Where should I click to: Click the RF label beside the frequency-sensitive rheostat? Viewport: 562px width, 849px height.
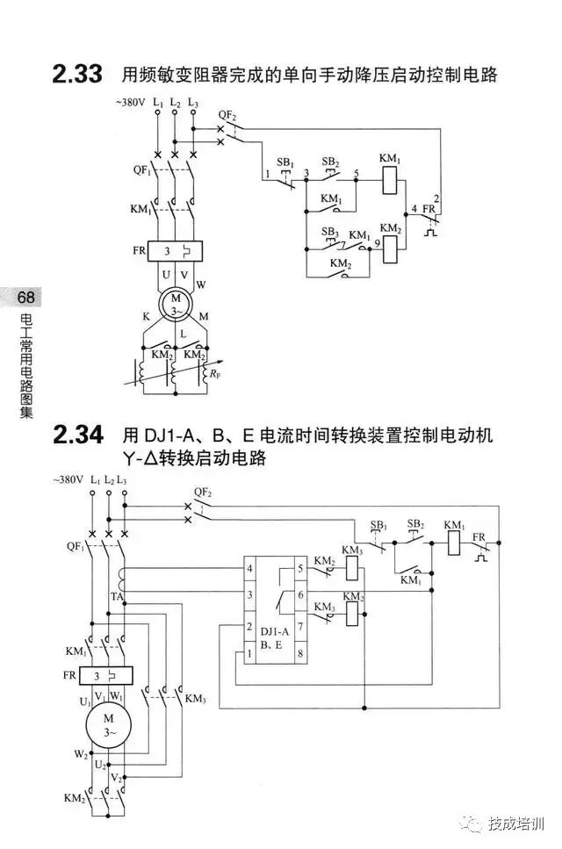tap(213, 374)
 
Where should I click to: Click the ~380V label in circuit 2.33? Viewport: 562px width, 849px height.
tap(129, 103)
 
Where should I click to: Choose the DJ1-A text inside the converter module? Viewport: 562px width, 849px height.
tap(265, 630)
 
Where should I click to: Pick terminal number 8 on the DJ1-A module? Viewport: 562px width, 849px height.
tap(300, 653)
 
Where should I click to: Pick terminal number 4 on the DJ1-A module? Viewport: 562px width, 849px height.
tap(251, 569)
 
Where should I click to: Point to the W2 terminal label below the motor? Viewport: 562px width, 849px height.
tap(80, 753)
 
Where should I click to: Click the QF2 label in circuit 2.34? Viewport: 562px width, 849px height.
tap(203, 493)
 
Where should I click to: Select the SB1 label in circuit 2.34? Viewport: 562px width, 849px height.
tap(378, 525)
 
